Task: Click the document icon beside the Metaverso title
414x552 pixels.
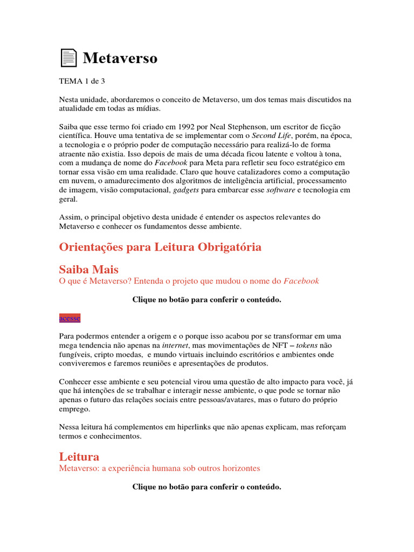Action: coord(68,58)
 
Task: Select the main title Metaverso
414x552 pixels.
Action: coord(120,58)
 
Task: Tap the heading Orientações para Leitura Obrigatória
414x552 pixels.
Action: coord(160,247)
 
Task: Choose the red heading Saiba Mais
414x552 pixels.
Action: coord(88,269)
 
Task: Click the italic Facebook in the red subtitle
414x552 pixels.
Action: coord(301,281)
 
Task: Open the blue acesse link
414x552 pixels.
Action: coord(69,318)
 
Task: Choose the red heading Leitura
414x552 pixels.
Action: coord(79,456)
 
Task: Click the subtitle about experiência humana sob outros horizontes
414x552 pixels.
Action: coord(160,468)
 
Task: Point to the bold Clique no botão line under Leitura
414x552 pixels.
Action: coord(206,487)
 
